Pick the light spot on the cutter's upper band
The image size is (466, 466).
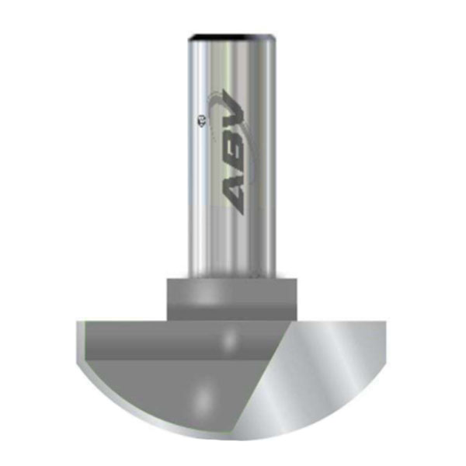pos(230,339)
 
